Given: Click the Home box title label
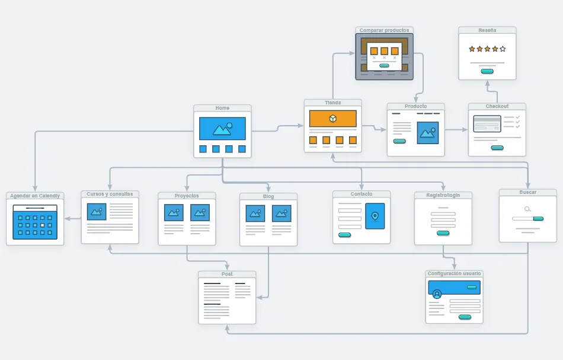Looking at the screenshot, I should pos(222,108).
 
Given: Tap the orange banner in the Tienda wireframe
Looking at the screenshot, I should pos(332,119).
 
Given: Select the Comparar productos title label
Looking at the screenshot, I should pos(384,30).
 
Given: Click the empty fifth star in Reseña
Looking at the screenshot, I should pos(503,49).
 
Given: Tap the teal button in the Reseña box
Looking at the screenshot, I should pos(487,71).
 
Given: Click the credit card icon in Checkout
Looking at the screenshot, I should pos(487,123).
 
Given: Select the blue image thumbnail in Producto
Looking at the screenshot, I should pos(427,132).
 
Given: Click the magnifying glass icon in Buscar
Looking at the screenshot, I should pos(527,209).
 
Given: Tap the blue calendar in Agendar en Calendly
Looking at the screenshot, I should pos(35,222).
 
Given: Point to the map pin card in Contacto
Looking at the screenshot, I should pos(375,216).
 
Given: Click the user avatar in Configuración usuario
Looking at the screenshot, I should pos(437,294).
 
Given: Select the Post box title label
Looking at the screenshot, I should pos(227,274).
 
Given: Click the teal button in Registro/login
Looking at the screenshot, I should pos(443,233).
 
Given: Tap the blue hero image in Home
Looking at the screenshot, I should pos(222,128).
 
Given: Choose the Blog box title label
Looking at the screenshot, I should pos(268,196).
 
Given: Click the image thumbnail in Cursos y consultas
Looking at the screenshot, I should pos(96,211).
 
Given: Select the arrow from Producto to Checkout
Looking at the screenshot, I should pos(456,129).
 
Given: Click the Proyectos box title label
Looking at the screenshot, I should pos(187,196).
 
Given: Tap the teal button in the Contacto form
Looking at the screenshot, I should pos(344,235).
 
